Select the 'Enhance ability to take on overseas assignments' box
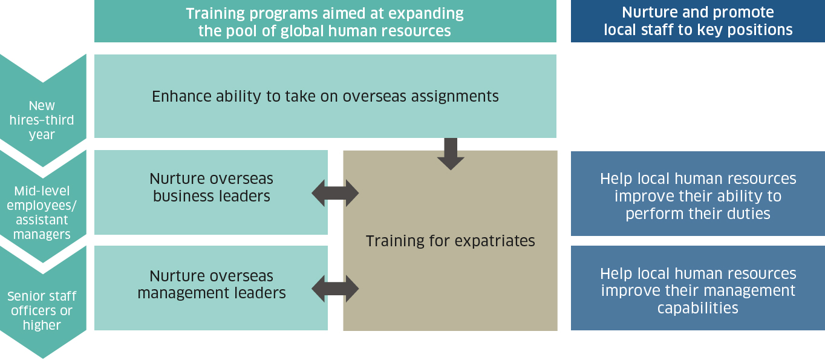(x=325, y=96)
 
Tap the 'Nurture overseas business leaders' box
(x=211, y=192)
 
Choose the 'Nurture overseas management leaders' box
(x=211, y=288)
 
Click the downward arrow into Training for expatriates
(x=451, y=154)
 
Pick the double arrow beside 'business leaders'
(x=335, y=193)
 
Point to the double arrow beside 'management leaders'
(x=335, y=289)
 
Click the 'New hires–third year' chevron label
(x=42, y=120)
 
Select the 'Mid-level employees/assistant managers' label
(x=42, y=212)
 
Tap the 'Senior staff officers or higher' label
(x=42, y=310)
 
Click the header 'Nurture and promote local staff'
(x=698, y=21)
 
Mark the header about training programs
(x=325, y=21)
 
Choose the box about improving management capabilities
(x=698, y=288)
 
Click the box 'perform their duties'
(x=698, y=194)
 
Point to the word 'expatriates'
(x=495, y=241)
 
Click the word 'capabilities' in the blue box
(x=698, y=309)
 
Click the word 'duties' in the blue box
(x=749, y=214)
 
